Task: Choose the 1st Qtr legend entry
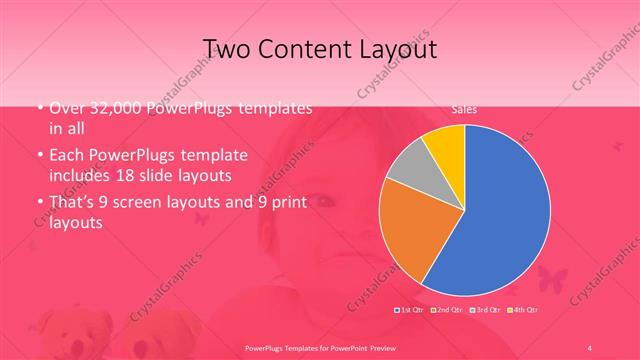tap(410, 310)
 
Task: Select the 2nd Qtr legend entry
tap(448, 310)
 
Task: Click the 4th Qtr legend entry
tap(525, 310)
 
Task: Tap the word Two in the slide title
tap(228, 48)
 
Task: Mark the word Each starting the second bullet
tap(66, 156)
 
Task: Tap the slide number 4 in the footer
tap(590, 346)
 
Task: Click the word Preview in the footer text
tap(395, 346)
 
